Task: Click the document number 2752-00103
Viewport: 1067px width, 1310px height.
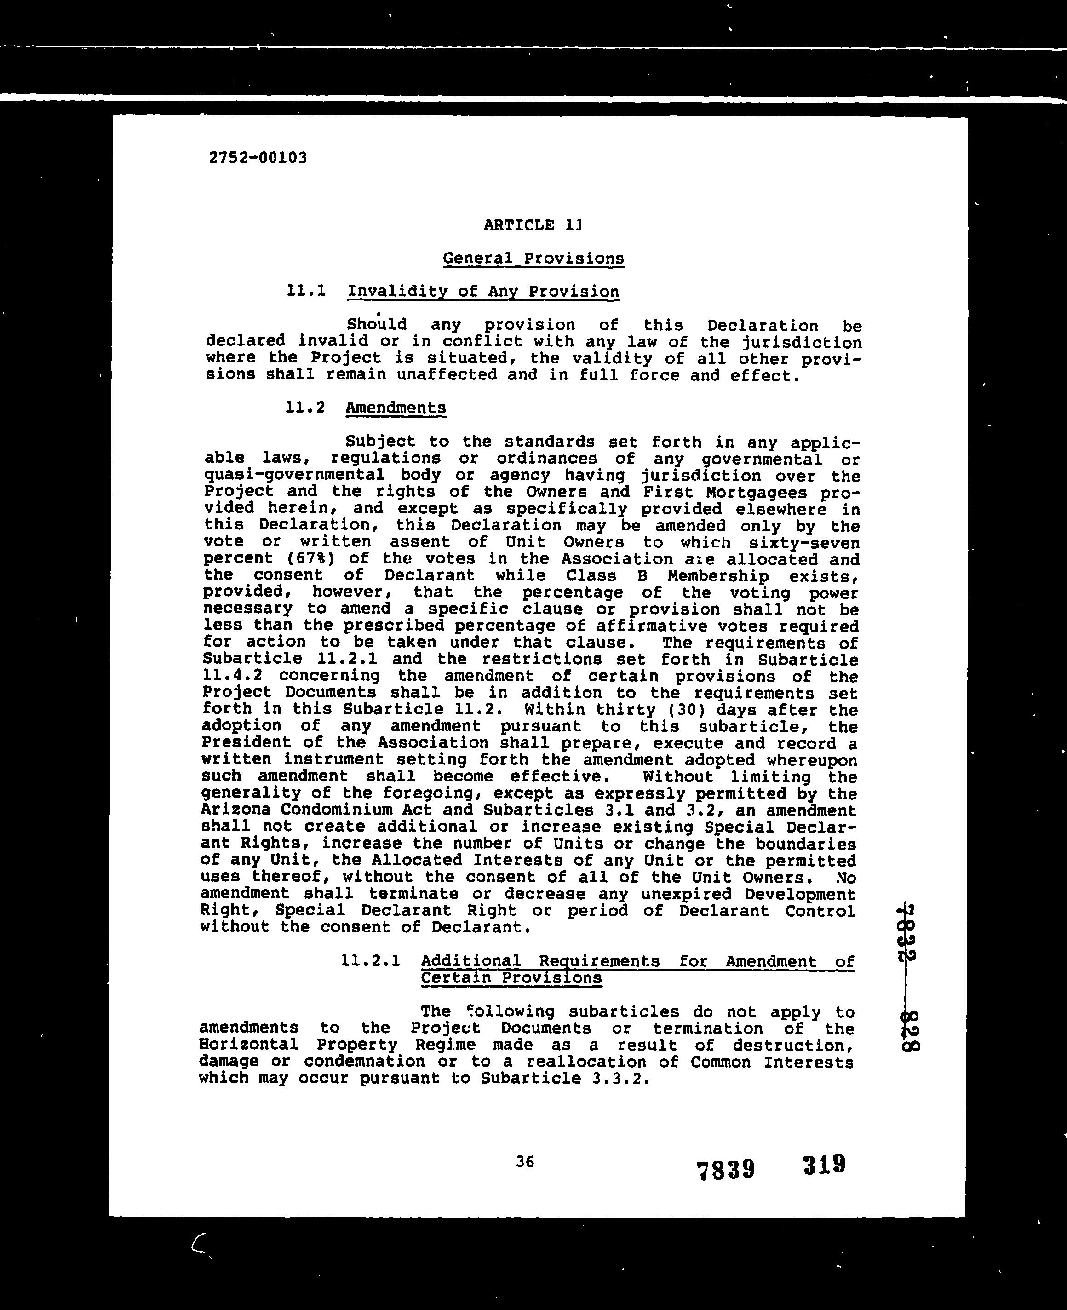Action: tap(258, 157)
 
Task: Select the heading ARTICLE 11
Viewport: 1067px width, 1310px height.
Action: tap(532, 225)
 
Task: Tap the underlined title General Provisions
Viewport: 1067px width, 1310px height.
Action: tap(533, 258)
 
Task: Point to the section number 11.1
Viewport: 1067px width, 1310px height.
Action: tap(305, 290)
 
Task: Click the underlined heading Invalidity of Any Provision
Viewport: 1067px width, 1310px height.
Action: tap(483, 291)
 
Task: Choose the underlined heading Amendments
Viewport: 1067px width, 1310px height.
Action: tap(396, 408)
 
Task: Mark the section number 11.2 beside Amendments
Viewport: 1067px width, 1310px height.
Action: tap(305, 407)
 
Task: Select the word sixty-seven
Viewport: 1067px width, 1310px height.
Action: tap(804, 543)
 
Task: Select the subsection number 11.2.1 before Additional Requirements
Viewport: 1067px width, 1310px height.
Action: tap(370, 960)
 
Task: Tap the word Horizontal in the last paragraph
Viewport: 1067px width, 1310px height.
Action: tap(248, 1045)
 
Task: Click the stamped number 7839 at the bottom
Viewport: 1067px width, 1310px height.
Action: tap(725, 1169)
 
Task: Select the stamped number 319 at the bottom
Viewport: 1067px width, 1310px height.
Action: tap(824, 1164)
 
